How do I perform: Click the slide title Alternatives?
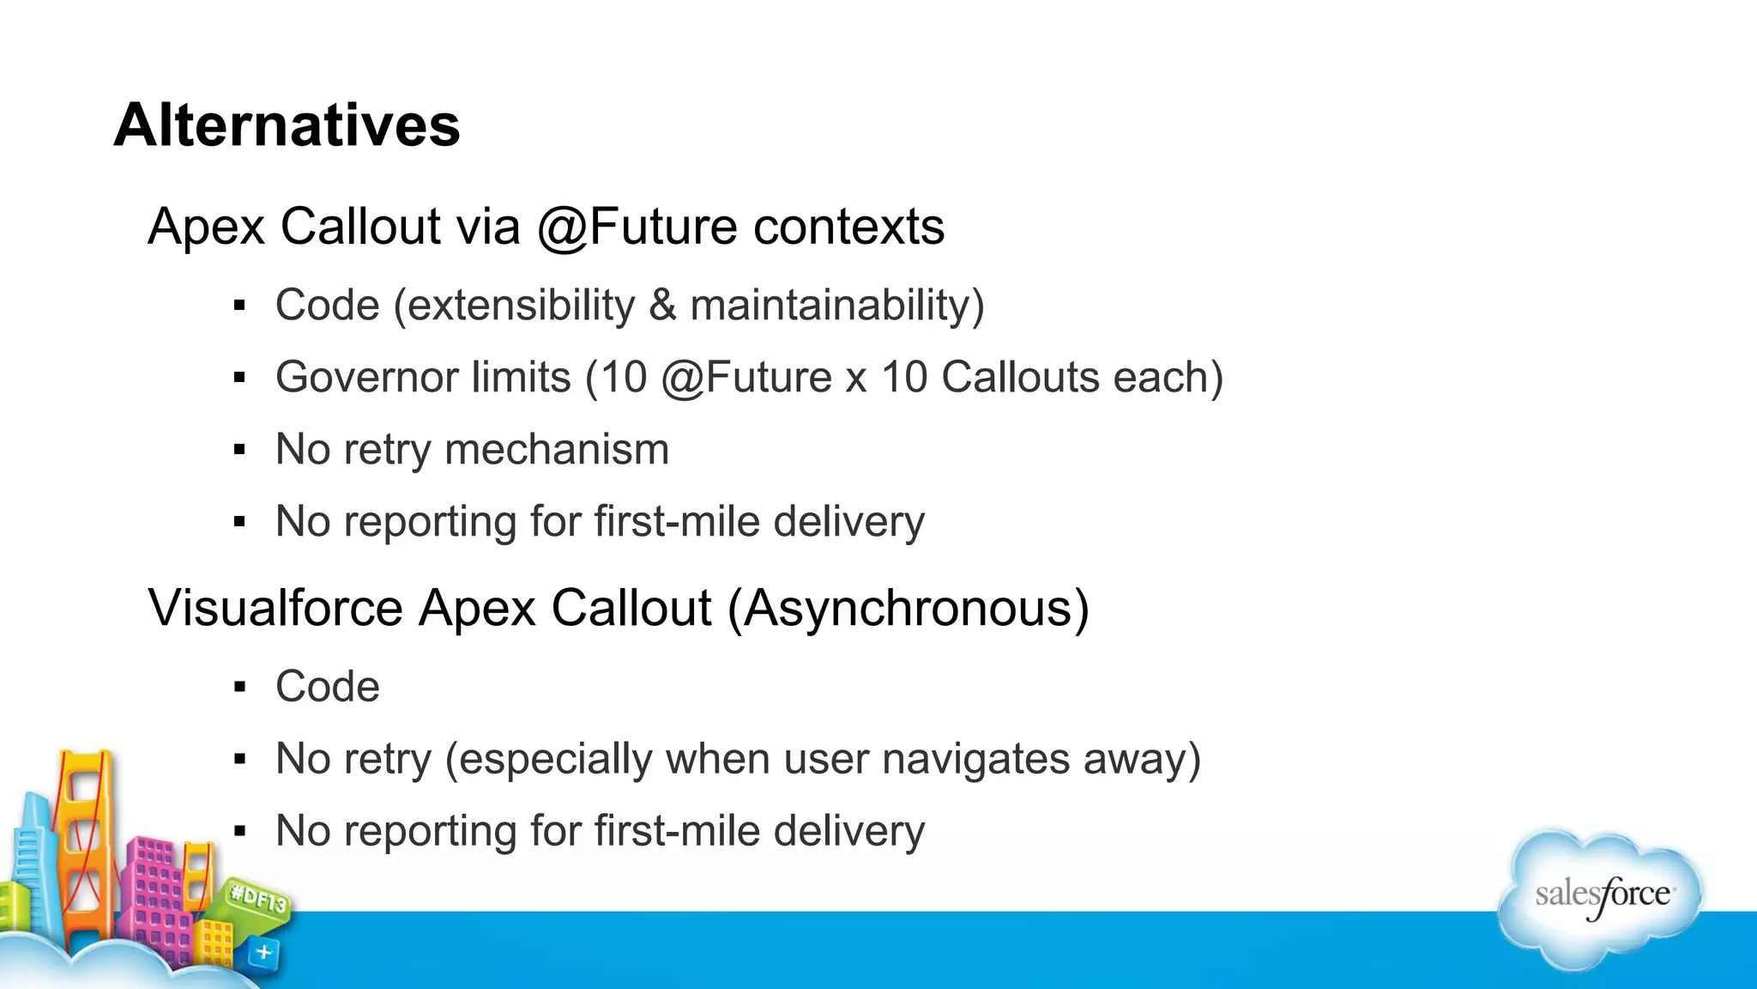(x=287, y=125)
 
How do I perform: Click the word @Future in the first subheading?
(x=637, y=228)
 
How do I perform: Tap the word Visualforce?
(x=275, y=608)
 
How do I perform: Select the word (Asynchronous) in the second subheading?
(x=908, y=609)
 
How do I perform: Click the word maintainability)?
(x=836, y=306)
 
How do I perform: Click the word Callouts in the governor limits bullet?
(x=1020, y=378)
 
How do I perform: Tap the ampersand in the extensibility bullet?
(x=662, y=306)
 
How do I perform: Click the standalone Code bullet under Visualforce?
(x=327, y=687)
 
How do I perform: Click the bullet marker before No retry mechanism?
(x=239, y=450)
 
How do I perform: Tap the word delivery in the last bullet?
(x=848, y=832)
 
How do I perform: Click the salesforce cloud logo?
(x=1601, y=897)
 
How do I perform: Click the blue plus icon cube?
(x=263, y=952)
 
